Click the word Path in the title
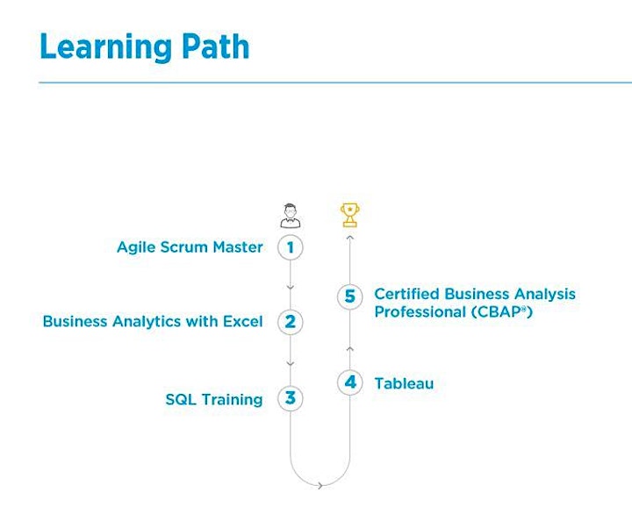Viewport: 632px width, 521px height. pos(215,46)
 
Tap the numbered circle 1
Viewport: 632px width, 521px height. pos(291,247)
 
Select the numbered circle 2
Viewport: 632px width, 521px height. pos(291,322)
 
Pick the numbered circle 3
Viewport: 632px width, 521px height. pos(291,398)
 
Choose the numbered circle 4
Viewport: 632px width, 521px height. pos(350,382)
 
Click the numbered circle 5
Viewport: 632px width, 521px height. pos(350,296)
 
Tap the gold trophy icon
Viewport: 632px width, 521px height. pos(350,215)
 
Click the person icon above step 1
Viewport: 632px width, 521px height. pos(291,217)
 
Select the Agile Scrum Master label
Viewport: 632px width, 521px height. pos(190,247)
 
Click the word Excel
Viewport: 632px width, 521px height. pos(242,321)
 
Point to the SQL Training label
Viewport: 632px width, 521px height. pos(214,399)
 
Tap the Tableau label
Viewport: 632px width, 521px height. pos(405,383)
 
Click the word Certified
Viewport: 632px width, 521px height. pos(406,294)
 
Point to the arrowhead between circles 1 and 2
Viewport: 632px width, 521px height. pos(291,288)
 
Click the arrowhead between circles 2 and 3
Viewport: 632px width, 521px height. pos(291,364)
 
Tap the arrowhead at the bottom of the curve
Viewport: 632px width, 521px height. pos(320,486)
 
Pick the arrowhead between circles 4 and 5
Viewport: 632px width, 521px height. pos(350,349)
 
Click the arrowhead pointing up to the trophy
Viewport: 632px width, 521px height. pos(350,238)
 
